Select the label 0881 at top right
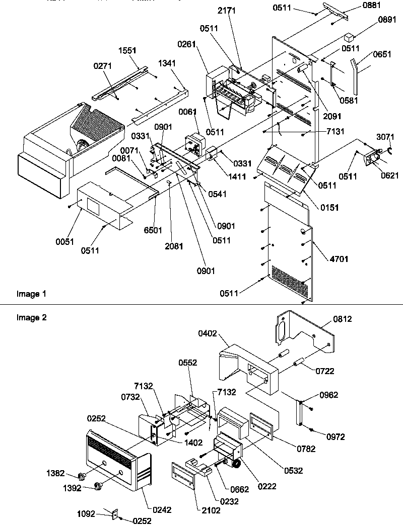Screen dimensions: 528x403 (x=371, y=6)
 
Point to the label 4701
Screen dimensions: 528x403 (x=339, y=259)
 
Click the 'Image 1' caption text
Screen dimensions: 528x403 (x=28, y=294)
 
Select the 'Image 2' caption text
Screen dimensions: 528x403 (x=28, y=317)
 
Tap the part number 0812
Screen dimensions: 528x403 (x=342, y=319)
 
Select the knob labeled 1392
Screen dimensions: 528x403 (x=99, y=486)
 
